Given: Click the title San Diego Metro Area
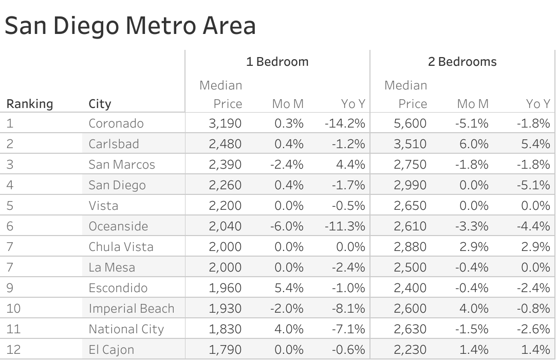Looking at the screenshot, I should pyautogui.click(x=130, y=26).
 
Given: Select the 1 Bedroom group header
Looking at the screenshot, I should pyautogui.click(x=277, y=62).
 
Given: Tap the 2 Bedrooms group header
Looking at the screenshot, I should pyautogui.click(x=462, y=62).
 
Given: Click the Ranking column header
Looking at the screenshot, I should pyautogui.click(x=30, y=104).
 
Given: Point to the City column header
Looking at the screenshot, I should pyautogui.click(x=100, y=104).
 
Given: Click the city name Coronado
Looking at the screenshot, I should pyautogui.click(x=116, y=123).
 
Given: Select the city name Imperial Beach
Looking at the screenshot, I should pyautogui.click(x=132, y=309).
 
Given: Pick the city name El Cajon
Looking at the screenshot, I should pyautogui.click(x=112, y=350).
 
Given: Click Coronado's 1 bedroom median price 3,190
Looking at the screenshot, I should pyautogui.click(x=225, y=123).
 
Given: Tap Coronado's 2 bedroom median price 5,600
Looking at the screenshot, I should pyautogui.click(x=410, y=123).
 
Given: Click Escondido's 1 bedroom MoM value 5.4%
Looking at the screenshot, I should pyautogui.click(x=289, y=288).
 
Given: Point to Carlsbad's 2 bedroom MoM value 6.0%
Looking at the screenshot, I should pyautogui.click(x=474, y=144).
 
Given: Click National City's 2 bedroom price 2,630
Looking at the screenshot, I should pyautogui.click(x=410, y=329).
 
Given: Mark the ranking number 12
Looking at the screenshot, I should pyautogui.click(x=13, y=350).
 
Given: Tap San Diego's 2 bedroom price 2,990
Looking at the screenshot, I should pyautogui.click(x=410, y=185).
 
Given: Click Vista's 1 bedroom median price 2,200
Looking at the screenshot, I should pyautogui.click(x=225, y=206).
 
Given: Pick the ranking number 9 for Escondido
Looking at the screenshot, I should pyautogui.click(x=10, y=288).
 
